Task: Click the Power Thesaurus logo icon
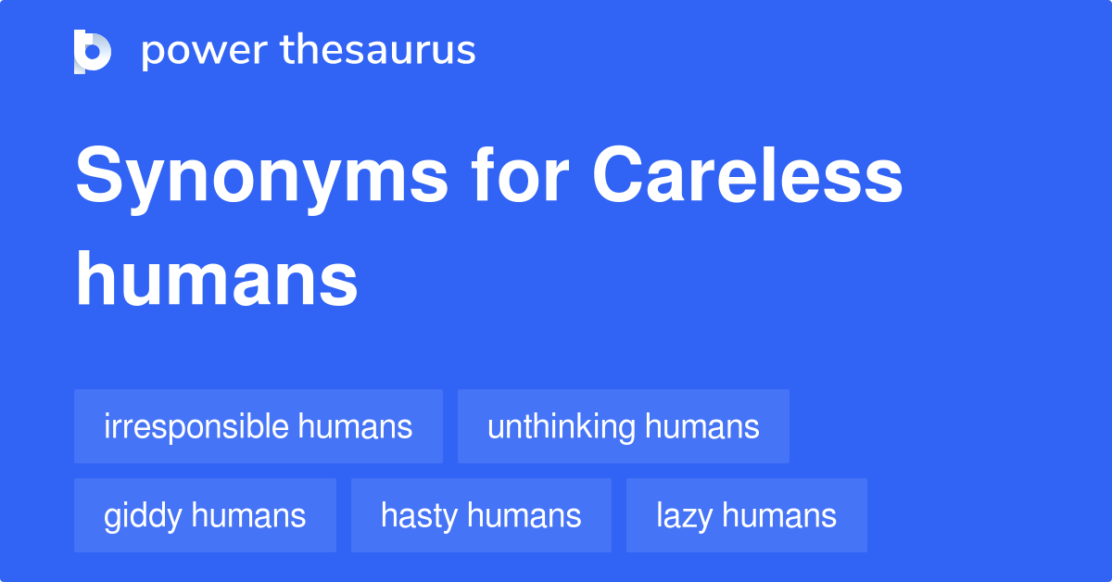(93, 51)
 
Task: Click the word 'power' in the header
(203, 51)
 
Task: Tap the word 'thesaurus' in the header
(379, 51)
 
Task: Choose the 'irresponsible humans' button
(259, 426)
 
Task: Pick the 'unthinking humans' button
(624, 426)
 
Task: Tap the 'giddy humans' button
(205, 515)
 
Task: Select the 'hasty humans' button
(481, 515)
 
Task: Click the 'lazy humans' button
(747, 515)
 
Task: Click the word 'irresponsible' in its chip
(196, 426)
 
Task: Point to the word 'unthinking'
(562, 426)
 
